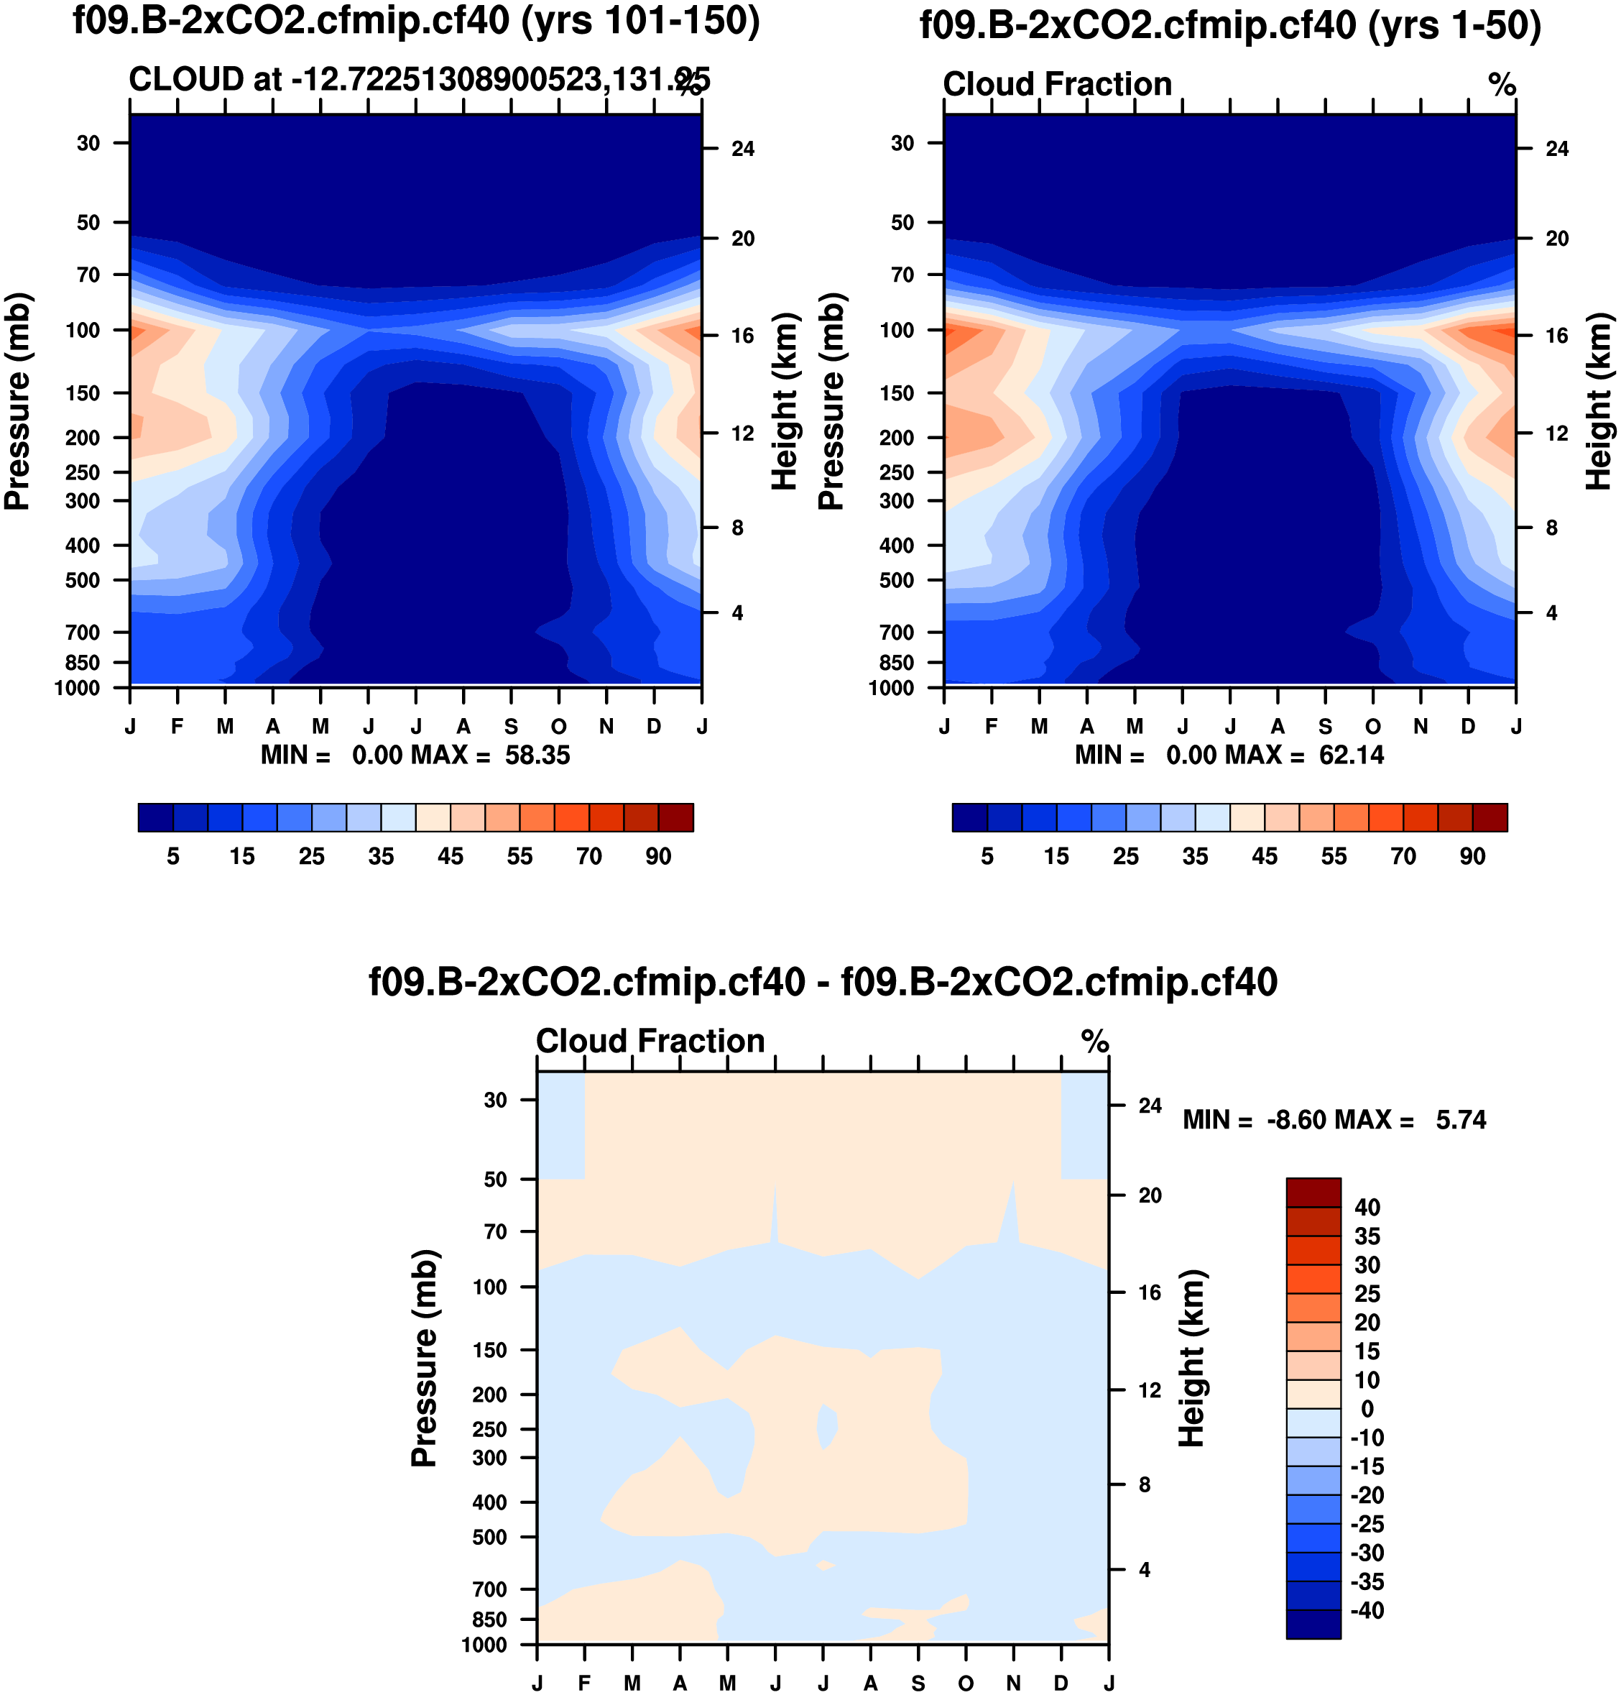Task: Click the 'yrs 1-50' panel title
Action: [x=1230, y=25]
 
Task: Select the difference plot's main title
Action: [x=823, y=982]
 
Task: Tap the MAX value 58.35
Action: [x=537, y=755]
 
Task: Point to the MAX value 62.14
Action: [x=1352, y=755]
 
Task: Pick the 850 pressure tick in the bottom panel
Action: [x=489, y=1619]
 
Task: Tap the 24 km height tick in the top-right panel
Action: [x=1557, y=149]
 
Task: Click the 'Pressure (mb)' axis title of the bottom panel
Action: [x=424, y=1358]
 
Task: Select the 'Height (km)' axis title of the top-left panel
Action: [x=784, y=402]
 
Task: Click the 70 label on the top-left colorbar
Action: [x=589, y=857]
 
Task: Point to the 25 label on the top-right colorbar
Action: [x=1126, y=857]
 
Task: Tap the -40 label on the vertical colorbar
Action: [x=1367, y=1610]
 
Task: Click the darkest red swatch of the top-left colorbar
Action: [x=675, y=817]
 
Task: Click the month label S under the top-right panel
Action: [x=1326, y=727]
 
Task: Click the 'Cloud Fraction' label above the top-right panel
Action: [x=1057, y=85]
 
